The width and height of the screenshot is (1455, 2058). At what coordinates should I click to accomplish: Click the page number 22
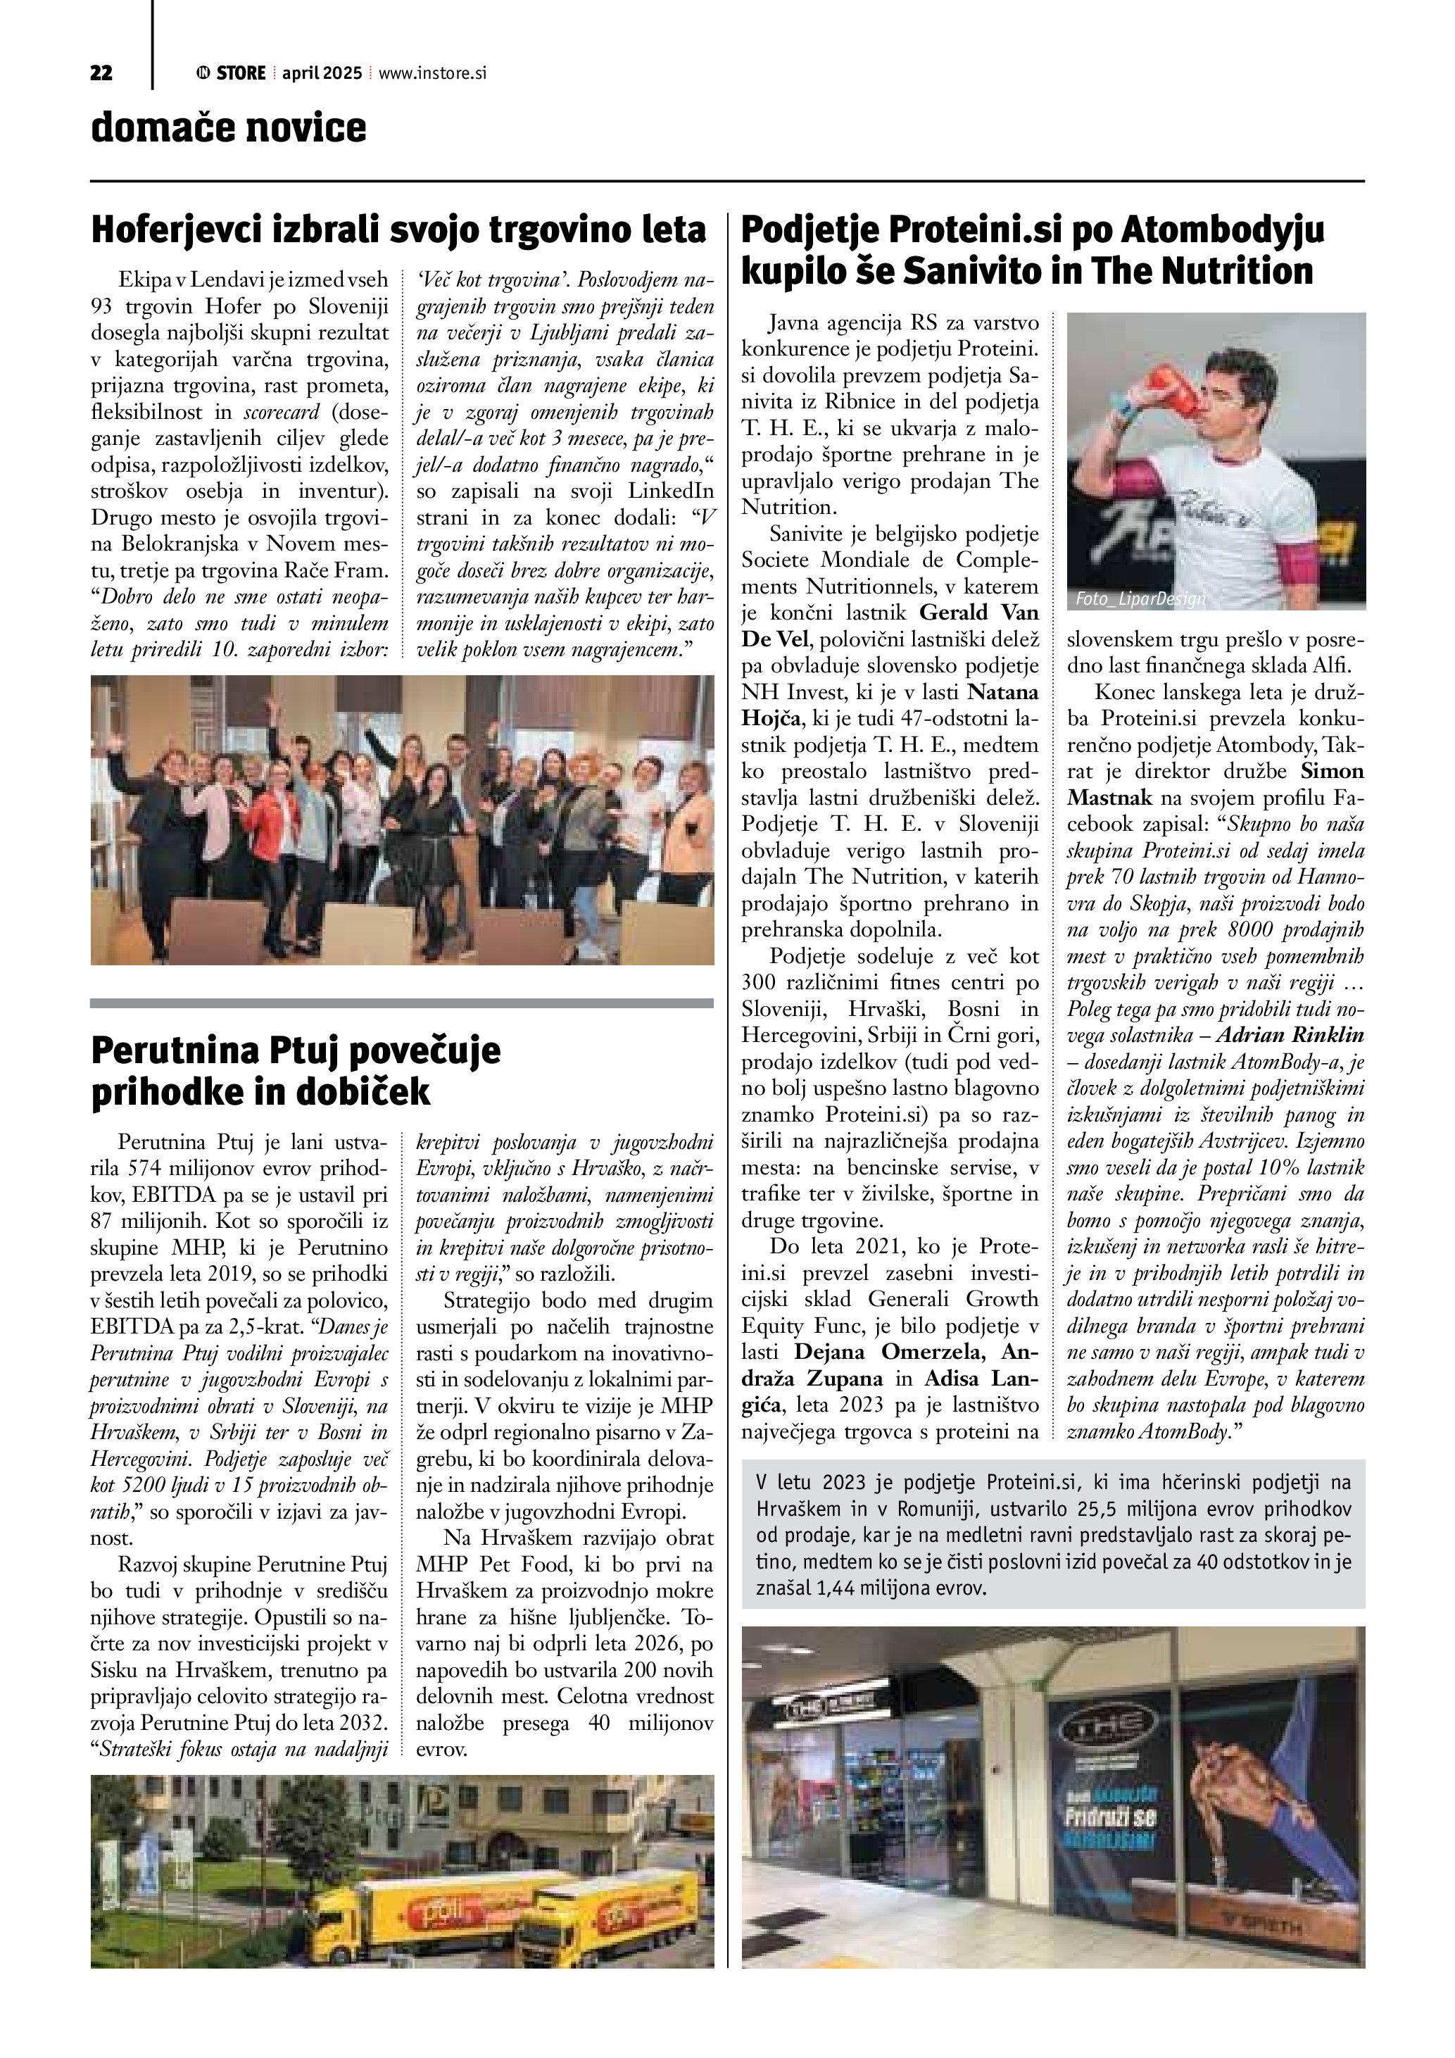pyautogui.click(x=101, y=73)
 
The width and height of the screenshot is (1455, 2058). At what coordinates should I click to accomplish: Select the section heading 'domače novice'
pyautogui.click(x=229, y=128)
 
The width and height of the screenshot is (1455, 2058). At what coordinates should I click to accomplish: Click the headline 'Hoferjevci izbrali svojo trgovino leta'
pyautogui.click(x=398, y=230)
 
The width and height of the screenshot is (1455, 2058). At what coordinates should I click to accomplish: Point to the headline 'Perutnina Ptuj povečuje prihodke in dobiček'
pyautogui.click(x=296, y=1070)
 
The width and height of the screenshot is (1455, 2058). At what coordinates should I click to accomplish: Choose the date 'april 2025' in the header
pyautogui.click(x=322, y=73)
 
